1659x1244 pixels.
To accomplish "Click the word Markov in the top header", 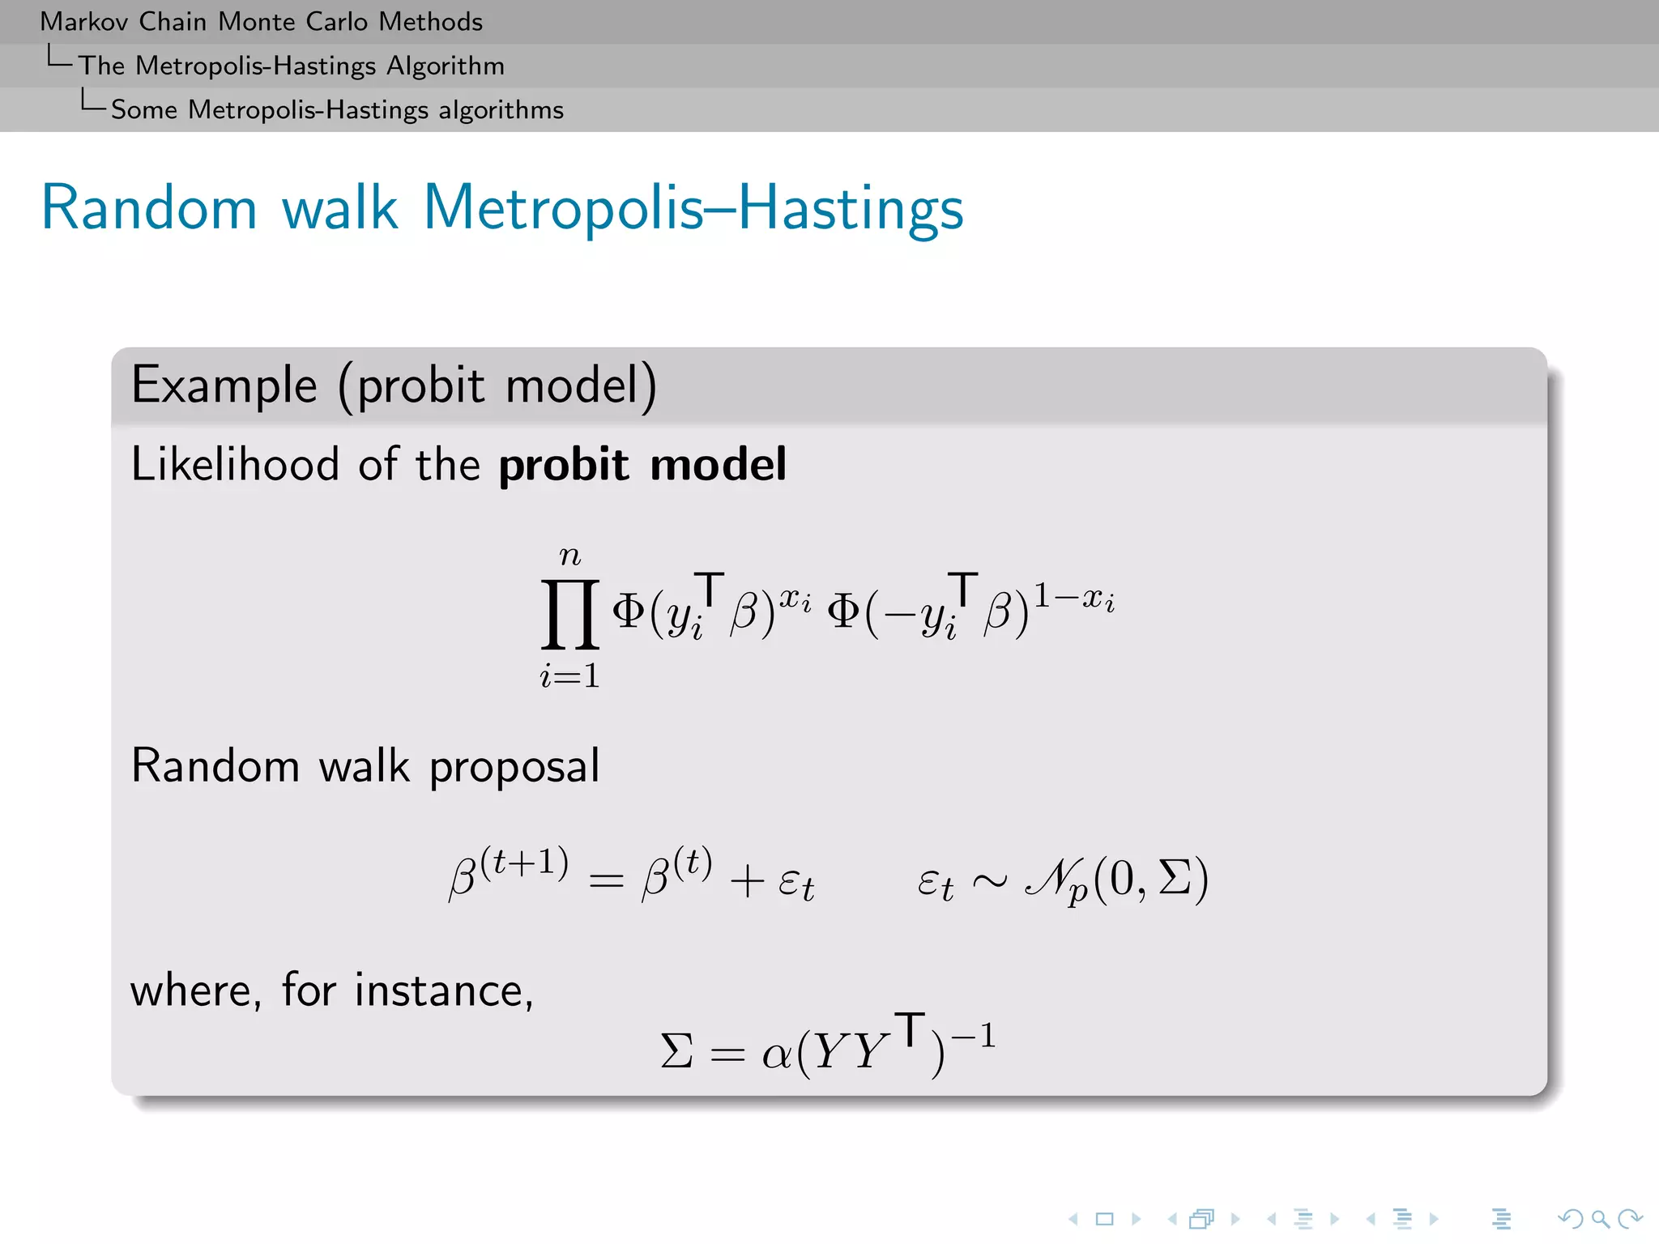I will click(84, 22).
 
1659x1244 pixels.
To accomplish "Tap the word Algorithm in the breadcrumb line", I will click(445, 66).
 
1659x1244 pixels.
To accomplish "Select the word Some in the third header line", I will click(143, 110).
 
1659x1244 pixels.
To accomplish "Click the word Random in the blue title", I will click(149, 208).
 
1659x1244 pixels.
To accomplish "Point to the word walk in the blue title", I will click(339, 208).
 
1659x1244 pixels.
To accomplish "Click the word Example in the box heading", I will click(224, 386).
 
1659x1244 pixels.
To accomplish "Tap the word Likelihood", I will click(235, 465).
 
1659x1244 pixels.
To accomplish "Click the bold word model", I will click(718, 465).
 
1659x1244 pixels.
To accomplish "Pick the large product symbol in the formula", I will click(570, 613).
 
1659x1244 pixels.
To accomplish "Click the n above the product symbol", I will click(570, 556).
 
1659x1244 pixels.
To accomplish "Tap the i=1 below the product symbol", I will click(570, 675).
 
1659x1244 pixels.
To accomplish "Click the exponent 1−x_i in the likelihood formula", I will click(1074, 599).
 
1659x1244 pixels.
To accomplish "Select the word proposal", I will click(514, 767).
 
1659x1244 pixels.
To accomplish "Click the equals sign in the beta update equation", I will click(606, 880).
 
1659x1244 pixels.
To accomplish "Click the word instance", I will click(443, 991).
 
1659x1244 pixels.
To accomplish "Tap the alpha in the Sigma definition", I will click(776, 1054).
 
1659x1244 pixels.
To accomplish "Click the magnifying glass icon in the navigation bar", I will click(1600, 1219).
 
